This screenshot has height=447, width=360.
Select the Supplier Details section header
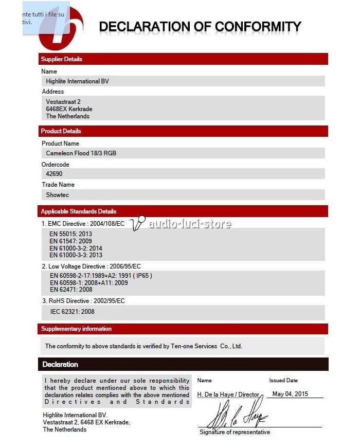62,59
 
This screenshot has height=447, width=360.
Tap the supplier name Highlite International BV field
78,81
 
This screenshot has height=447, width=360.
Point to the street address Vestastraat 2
63,102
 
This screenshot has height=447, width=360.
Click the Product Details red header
61,131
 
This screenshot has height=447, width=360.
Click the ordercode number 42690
55,174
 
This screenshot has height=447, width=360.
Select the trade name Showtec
58,195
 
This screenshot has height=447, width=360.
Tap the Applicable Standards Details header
79,211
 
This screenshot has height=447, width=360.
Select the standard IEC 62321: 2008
73,312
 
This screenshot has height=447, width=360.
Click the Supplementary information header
77,329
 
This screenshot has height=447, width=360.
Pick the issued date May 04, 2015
290,394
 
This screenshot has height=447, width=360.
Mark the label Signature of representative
235,432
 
